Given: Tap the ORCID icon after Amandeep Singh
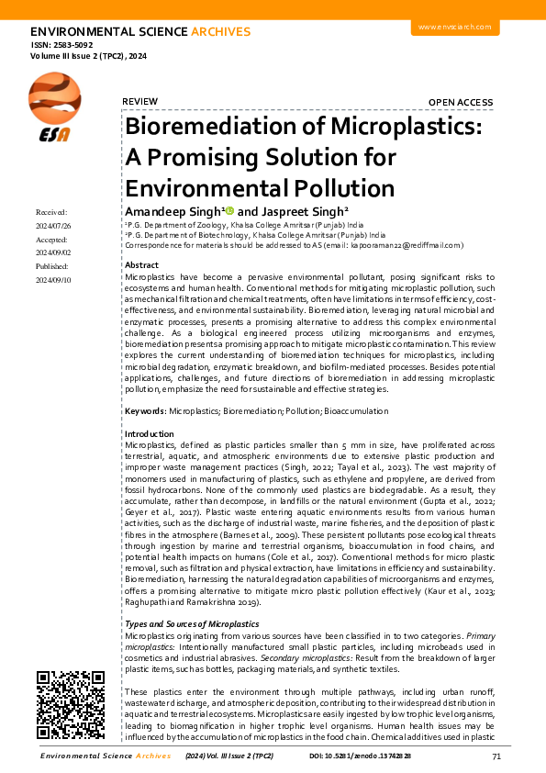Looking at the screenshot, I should pyautogui.click(x=230, y=211).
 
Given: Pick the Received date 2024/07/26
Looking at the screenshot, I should pyautogui.click(x=52, y=225).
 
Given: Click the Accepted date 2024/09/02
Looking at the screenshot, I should pyautogui.click(x=52, y=252).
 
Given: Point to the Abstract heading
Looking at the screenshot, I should pyautogui.click(x=140, y=264).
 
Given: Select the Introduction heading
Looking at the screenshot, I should pyautogui.click(x=149, y=433).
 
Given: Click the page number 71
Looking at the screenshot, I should pyautogui.click(x=496, y=756).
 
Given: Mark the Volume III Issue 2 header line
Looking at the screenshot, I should pyautogui.click(x=88, y=57).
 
